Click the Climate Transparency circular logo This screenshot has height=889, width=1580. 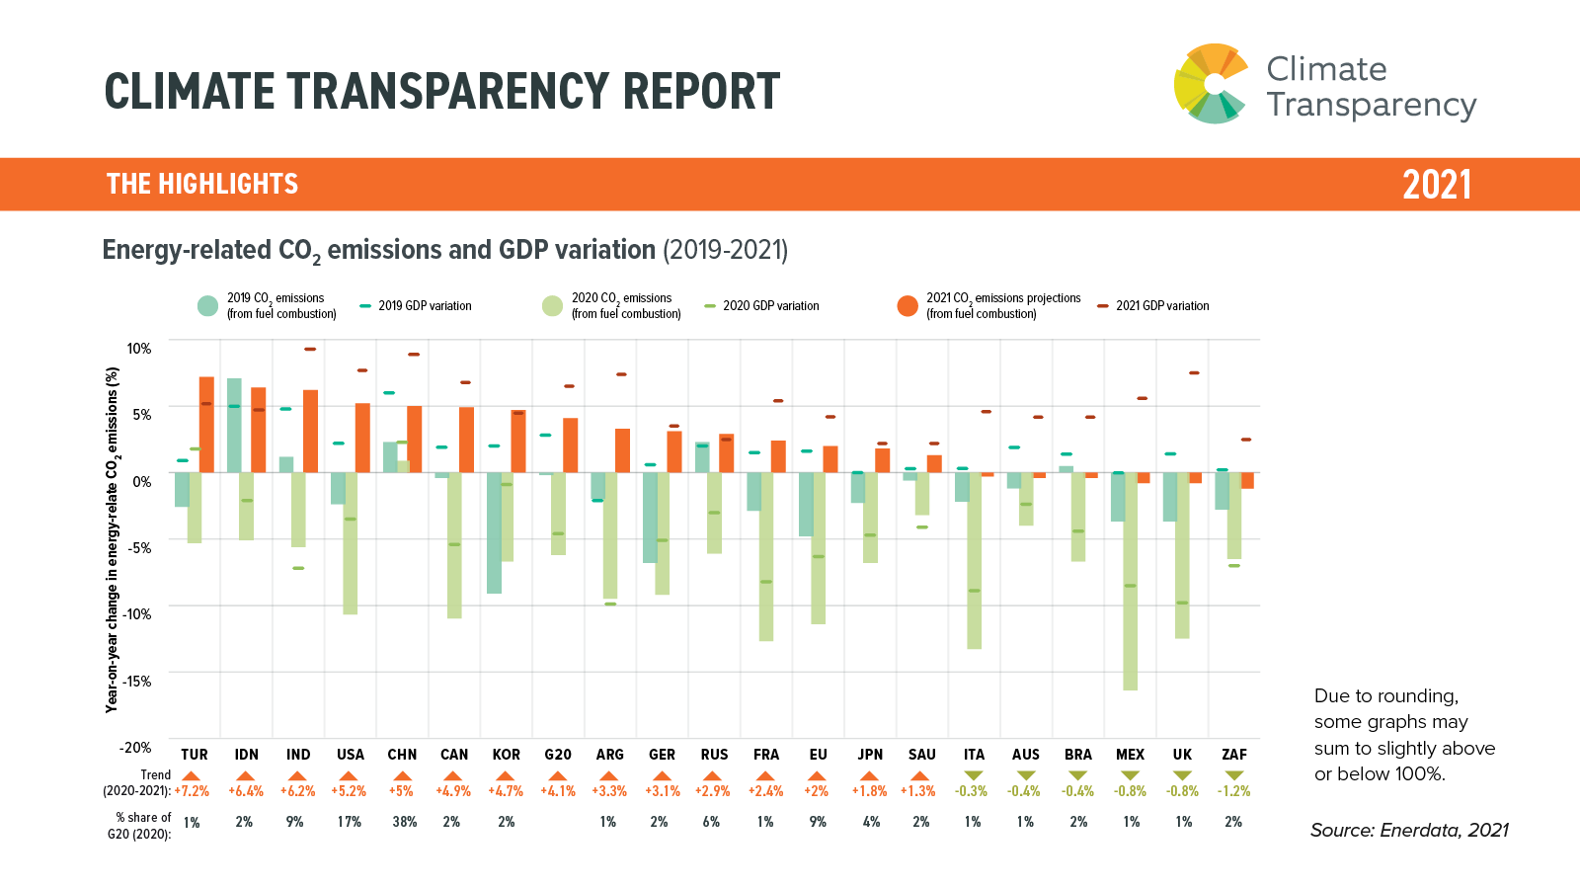(x=1212, y=84)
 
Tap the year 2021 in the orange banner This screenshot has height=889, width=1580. (x=1437, y=185)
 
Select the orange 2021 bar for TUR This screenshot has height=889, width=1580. (x=206, y=425)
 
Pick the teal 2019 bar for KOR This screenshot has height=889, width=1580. (x=494, y=532)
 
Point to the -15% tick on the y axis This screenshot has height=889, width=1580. (x=137, y=681)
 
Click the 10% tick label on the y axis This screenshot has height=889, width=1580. (x=139, y=348)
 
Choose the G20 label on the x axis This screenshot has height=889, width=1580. (x=558, y=755)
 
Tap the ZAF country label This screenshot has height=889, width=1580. (x=1234, y=755)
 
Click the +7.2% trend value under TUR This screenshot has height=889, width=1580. (x=192, y=791)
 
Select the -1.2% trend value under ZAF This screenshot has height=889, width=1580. (x=1233, y=791)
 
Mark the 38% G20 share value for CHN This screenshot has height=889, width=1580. (x=404, y=822)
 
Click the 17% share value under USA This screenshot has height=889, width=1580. (x=350, y=822)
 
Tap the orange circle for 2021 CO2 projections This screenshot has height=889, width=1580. (x=908, y=306)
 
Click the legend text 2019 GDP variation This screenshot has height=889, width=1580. (x=425, y=306)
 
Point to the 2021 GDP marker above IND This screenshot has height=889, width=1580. (x=310, y=349)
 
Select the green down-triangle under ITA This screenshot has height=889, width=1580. (x=974, y=775)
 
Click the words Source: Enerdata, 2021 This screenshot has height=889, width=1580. (x=1409, y=831)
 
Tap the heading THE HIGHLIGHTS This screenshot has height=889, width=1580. (x=202, y=185)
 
